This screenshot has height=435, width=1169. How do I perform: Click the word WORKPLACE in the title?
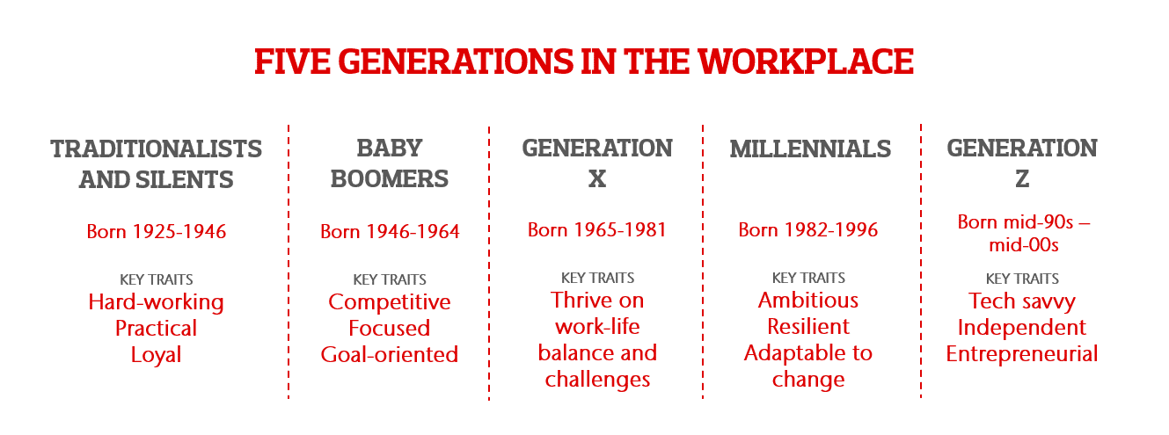pyautogui.click(x=806, y=62)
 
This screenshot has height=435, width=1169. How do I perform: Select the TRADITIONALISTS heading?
pyautogui.click(x=156, y=149)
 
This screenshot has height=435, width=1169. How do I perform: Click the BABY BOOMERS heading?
pyautogui.click(x=390, y=163)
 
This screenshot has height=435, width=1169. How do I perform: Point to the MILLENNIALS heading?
pyautogui.click(x=810, y=149)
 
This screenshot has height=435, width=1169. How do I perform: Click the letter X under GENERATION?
pyautogui.click(x=597, y=179)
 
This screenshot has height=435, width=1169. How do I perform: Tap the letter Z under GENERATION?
pyautogui.click(x=1022, y=179)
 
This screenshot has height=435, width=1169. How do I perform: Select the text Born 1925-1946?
pyautogui.click(x=156, y=232)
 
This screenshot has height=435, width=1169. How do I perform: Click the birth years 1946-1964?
pyautogui.click(x=413, y=232)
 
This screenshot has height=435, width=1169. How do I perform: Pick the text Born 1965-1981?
pyautogui.click(x=597, y=230)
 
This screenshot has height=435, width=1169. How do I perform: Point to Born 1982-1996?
pyautogui.click(x=807, y=230)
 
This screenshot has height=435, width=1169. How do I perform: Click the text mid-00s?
pyautogui.click(x=1023, y=245)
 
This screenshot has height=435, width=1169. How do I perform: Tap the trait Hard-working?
pyautogui.click(x=156, y=302)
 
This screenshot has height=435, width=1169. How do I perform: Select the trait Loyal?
pyautogui.click(x=156, y=355)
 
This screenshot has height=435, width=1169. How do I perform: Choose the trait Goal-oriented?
pyautogui.click(x=390, y=355)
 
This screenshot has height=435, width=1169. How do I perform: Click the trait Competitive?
pyautogui.click(x=390, y=302)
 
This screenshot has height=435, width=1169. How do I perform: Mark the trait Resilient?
pyautogui.click(x=808, y=327)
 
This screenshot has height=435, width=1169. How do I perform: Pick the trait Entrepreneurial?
pyautogui.click(x=1022, y=354)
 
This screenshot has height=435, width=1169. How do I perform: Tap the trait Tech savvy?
pyautogui.click(x=1022, y=301)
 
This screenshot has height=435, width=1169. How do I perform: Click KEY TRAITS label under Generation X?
pyautogui.click(x=597, y=278)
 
